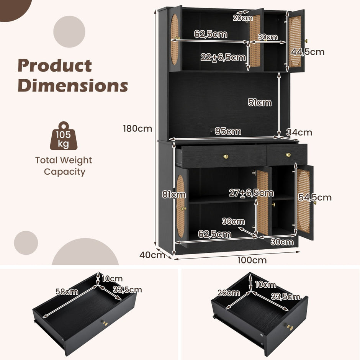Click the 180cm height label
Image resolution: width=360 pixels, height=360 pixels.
coord(137,128)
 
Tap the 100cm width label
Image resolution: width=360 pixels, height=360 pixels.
coord(252,260)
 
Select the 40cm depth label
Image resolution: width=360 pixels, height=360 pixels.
coord(152,255)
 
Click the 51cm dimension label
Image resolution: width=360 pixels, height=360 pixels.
coord(260,102)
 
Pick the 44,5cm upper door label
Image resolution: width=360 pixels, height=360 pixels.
coord(308,52)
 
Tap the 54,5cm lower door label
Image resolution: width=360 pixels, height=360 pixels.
coord(315,197)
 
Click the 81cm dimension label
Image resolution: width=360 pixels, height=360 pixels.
coord(174,195)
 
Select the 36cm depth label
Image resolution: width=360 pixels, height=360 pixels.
coord(233,221)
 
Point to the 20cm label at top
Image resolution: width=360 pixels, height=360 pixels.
coord(243,18)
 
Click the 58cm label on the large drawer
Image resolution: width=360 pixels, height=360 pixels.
coord(67,291)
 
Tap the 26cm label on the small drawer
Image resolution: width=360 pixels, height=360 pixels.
coord(229,293)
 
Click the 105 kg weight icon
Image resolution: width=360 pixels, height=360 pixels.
coord(64,136)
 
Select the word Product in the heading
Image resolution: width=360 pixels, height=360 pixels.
coord(55,65)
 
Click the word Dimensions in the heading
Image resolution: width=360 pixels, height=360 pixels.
coord(73,85)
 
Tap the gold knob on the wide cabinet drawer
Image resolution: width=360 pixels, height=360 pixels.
coord(226,156)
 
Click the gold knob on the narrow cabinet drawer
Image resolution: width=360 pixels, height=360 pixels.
coord(288,155)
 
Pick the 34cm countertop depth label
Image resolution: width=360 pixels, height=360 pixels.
coord(299,133)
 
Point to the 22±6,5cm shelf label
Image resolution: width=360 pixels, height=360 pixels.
coord(223,57)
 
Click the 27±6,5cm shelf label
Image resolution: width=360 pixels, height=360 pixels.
coord(251,193)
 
